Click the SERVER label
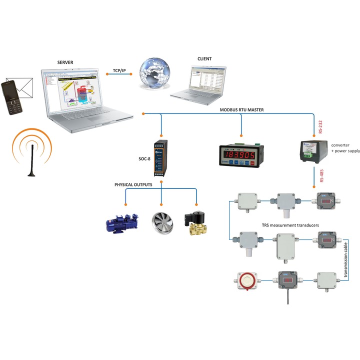65,62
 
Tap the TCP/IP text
119,71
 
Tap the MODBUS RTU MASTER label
242,109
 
